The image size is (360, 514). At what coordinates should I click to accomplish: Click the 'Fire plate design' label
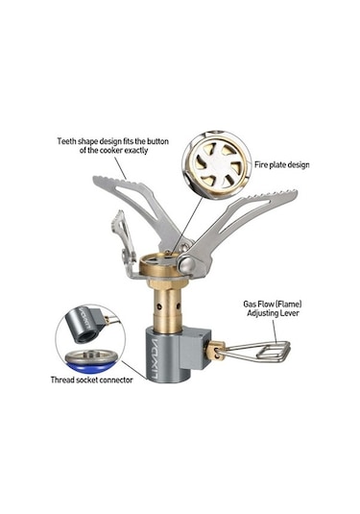point(281,164)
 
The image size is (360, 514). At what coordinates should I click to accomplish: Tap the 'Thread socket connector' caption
point(92,379)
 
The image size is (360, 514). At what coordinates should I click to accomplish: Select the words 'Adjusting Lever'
point(273,313)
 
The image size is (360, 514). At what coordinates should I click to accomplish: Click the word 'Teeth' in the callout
point(67,141)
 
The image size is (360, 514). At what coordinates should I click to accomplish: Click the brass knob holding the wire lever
point(214,351)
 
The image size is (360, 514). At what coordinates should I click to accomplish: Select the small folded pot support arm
point(124,241)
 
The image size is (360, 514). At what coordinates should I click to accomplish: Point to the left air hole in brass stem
point(158,306)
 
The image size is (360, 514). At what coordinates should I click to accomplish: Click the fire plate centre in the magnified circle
point(217,165)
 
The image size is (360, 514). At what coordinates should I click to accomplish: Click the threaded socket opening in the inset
point(85,335)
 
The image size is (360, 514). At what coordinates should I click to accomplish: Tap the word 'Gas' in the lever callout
point(250,305)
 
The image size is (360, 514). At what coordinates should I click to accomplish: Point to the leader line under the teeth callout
point(121,167)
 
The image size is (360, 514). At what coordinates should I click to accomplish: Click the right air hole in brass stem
point(179,306)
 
